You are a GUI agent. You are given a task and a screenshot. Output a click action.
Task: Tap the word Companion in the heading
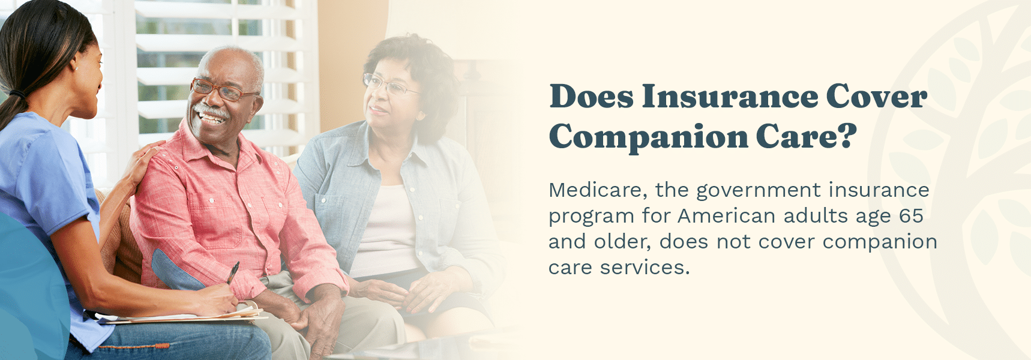(648, 137)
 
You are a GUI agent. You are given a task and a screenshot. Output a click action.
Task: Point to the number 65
(911, 216)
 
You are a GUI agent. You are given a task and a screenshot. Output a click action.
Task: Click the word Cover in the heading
(876, 97)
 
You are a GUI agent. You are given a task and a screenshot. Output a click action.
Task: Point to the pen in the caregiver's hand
(233, 272)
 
